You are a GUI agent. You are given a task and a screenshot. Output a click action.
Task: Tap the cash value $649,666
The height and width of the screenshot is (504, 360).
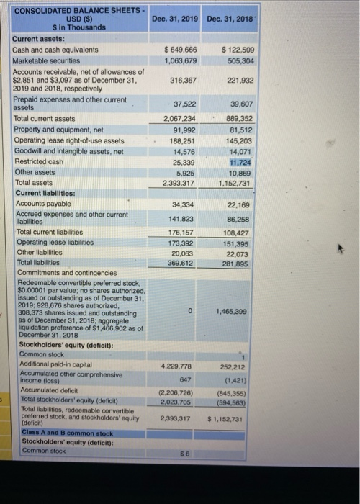point(179,49)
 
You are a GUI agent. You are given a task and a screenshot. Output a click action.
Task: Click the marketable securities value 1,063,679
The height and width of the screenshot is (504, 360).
point(179,60)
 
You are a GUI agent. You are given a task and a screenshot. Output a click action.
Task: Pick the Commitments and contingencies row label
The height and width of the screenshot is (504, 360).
point(65,273)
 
